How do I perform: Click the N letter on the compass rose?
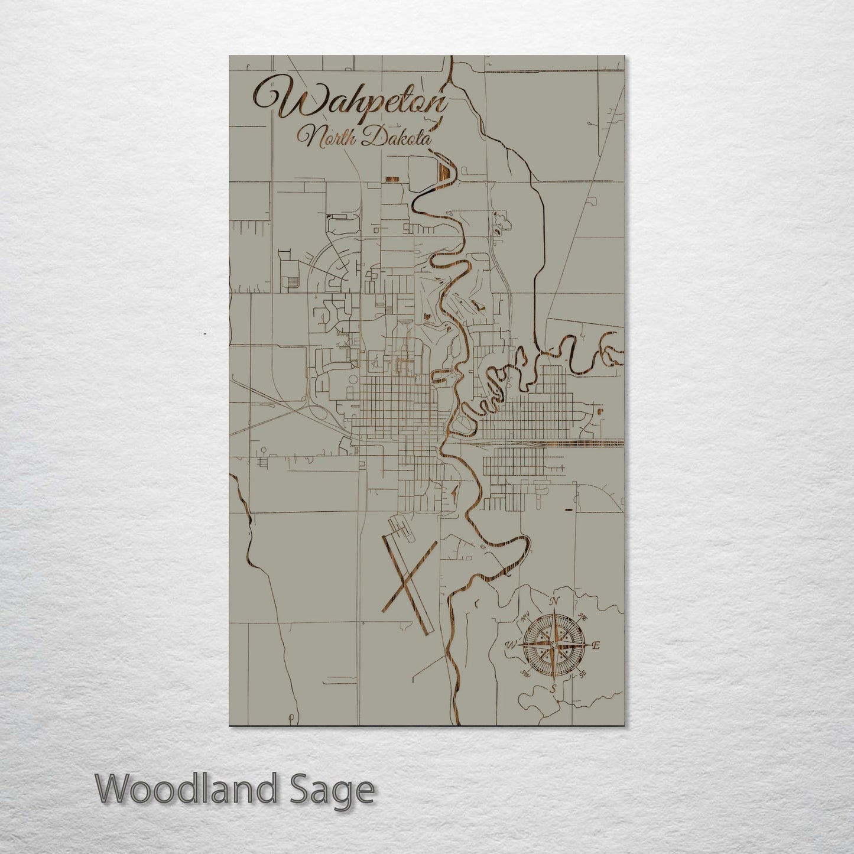(x=554, y=602)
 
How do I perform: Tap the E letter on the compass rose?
(x=596, y=645)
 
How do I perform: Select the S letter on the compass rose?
(x=553, y=689)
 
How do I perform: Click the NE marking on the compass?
(x=583, y=618)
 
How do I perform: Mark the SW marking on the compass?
(x=524, y=673)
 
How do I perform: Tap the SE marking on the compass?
(x=583, y=674)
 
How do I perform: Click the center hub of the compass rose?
(x=553, y=645)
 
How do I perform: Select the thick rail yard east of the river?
(x=585, y=443)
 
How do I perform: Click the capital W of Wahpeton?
(x=278, y=100)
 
